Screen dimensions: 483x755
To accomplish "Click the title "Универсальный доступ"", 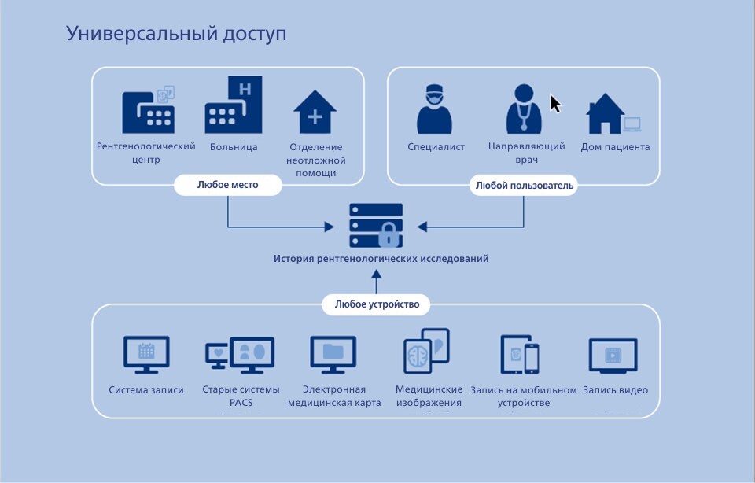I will click(x=176, y=34).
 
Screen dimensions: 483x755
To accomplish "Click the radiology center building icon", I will click(x=148, y=110).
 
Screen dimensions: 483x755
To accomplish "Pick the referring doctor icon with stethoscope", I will click(x=523, y=108).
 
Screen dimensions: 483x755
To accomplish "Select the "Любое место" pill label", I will click(x=227, y=185).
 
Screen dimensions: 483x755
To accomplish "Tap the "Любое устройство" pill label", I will click(x=377, y=304).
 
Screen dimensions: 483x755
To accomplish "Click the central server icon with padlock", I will click(x=376, y=226).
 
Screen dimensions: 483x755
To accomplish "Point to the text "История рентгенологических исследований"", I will click(x=381, y=258).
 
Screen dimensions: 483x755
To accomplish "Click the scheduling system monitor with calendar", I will click(x=146, y=353).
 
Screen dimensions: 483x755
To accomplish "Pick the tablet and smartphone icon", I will click(x=520, y=354).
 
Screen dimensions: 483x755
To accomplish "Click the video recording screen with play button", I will click(x=613, y=355).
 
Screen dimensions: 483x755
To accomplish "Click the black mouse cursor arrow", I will click(x=555, y=104).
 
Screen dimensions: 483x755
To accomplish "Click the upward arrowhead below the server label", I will click(x=377, y=276).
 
